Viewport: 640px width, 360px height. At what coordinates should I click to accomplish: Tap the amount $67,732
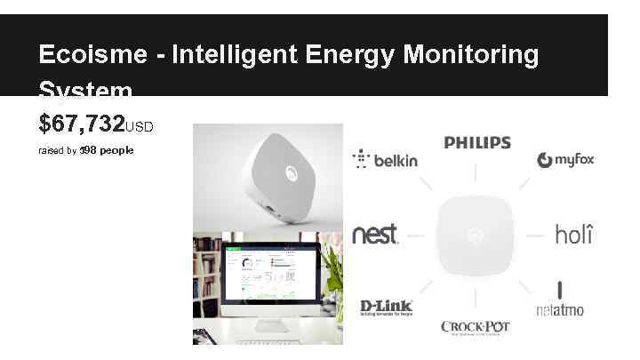pyautogui.click(x=81, y=123)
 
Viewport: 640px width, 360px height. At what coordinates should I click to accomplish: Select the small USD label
pyautogui.click(x=140, y=127)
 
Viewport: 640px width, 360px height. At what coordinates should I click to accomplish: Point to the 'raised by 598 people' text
pyautogui.click(x=85, y=150)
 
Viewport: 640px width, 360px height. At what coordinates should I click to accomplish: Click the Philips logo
pyautogui.click(x=477, y=142)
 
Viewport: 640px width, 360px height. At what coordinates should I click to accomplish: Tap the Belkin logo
pyautogui.click(x=385, y=160)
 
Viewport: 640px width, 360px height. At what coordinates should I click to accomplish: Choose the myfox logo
pyautogui.click(x=565, y=160)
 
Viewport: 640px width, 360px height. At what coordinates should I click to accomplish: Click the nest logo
pyautogui.click(x=376, y=235)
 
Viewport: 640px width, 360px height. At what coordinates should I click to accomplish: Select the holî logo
pyautogui.click(x=573, y=235)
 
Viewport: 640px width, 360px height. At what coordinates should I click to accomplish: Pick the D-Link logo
pyautogui.click(x=386, y=308)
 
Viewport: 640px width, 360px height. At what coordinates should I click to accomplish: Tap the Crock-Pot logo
pyautogui.click(x=476, y=327)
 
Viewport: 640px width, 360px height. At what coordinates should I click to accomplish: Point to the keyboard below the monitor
pyautogui.click(x=267, y=340)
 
